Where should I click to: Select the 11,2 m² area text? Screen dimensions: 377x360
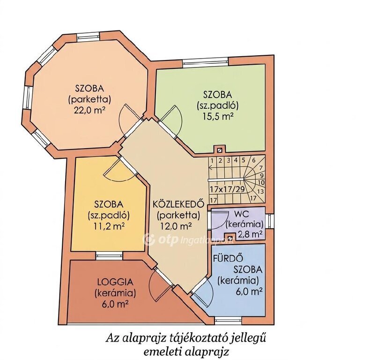coord(109,226)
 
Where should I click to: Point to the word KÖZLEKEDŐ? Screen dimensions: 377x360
coord(178,204)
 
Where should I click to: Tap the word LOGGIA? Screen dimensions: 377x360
coord(115,282)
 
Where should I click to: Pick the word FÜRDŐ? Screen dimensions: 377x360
coord(225,258)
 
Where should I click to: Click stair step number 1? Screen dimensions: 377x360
coord(212,160)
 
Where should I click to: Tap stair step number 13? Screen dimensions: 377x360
coord(260,192)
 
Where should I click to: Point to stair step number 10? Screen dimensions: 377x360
coord(261,183)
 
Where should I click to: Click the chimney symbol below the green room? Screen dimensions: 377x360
coord(219,150)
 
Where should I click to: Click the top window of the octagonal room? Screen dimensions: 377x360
coord(88,37)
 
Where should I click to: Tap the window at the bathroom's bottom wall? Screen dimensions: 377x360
coord(228,320)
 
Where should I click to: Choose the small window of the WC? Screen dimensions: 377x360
coord(270,221)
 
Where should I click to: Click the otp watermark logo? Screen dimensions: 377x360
coord(148,240)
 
